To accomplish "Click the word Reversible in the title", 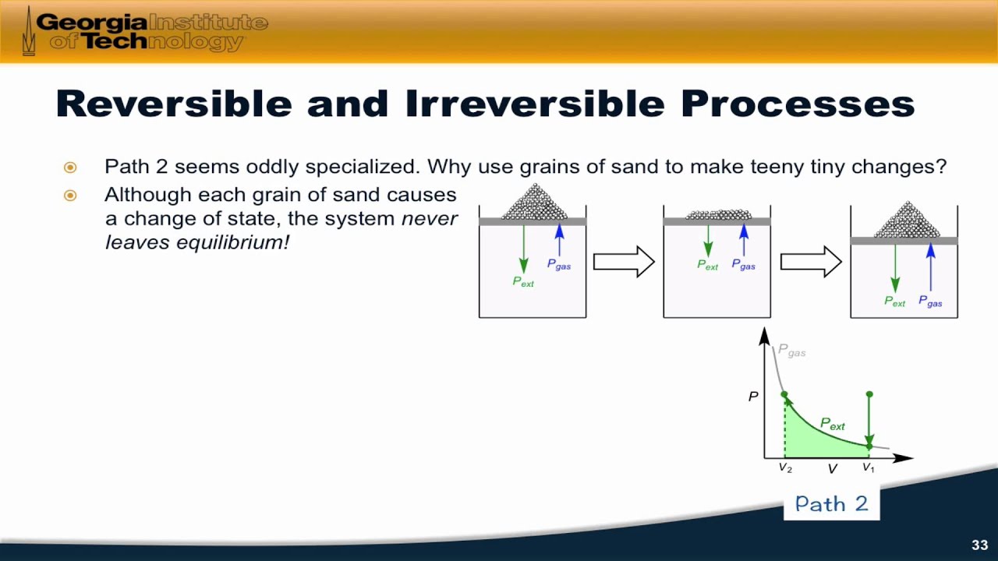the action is pos(174,104).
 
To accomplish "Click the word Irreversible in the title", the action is pos(535,104).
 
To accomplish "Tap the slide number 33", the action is pos(980,545).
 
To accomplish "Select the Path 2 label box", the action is pos(832,503).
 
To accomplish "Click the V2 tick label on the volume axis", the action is pos(785,468).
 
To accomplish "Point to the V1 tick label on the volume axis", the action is pos(869,467).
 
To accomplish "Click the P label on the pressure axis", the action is pos(753,397).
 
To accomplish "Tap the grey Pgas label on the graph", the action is pos(791,351).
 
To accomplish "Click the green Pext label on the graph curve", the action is pos(832,424).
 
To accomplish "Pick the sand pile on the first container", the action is pos(535,202).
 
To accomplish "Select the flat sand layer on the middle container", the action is pos(718,214).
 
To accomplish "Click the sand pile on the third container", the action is pos(907,220).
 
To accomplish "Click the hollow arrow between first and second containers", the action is pos(624,262).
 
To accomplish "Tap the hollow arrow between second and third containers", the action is pos(811,262).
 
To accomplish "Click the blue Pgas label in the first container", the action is pos(559,264).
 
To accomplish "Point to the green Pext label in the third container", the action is pos(894,302).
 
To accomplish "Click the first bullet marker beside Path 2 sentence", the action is pos(70,168).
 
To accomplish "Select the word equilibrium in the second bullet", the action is pos(232,242).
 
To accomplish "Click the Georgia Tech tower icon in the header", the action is pos(29,31).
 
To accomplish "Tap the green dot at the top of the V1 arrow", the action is pos(869,394).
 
